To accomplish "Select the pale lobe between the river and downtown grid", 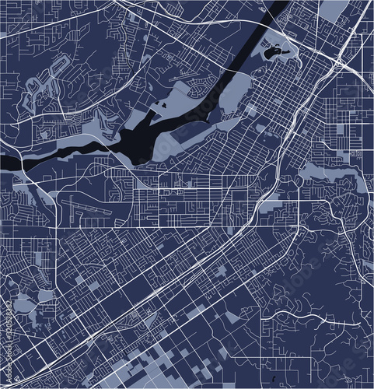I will (233, 101).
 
